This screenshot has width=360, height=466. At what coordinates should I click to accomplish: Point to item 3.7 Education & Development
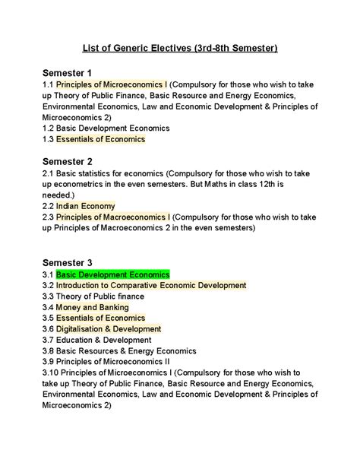click(x=97, y=340)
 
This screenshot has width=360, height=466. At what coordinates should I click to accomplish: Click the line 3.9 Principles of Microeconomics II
click(x=109, y=362)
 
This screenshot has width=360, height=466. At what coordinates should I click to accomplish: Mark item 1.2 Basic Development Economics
click(x=106, y=128)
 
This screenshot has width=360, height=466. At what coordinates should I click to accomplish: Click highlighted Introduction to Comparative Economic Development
click(x=151, y=285)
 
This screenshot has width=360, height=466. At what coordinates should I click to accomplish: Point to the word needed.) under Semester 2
click(x=65, y=195)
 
